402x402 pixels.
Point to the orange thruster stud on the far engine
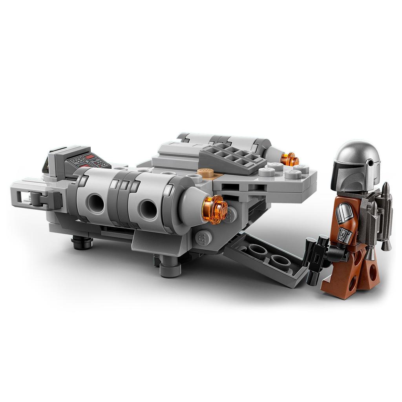pos(290,159)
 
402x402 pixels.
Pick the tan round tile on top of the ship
pos(206,172)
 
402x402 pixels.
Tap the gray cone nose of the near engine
pos(192,204)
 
